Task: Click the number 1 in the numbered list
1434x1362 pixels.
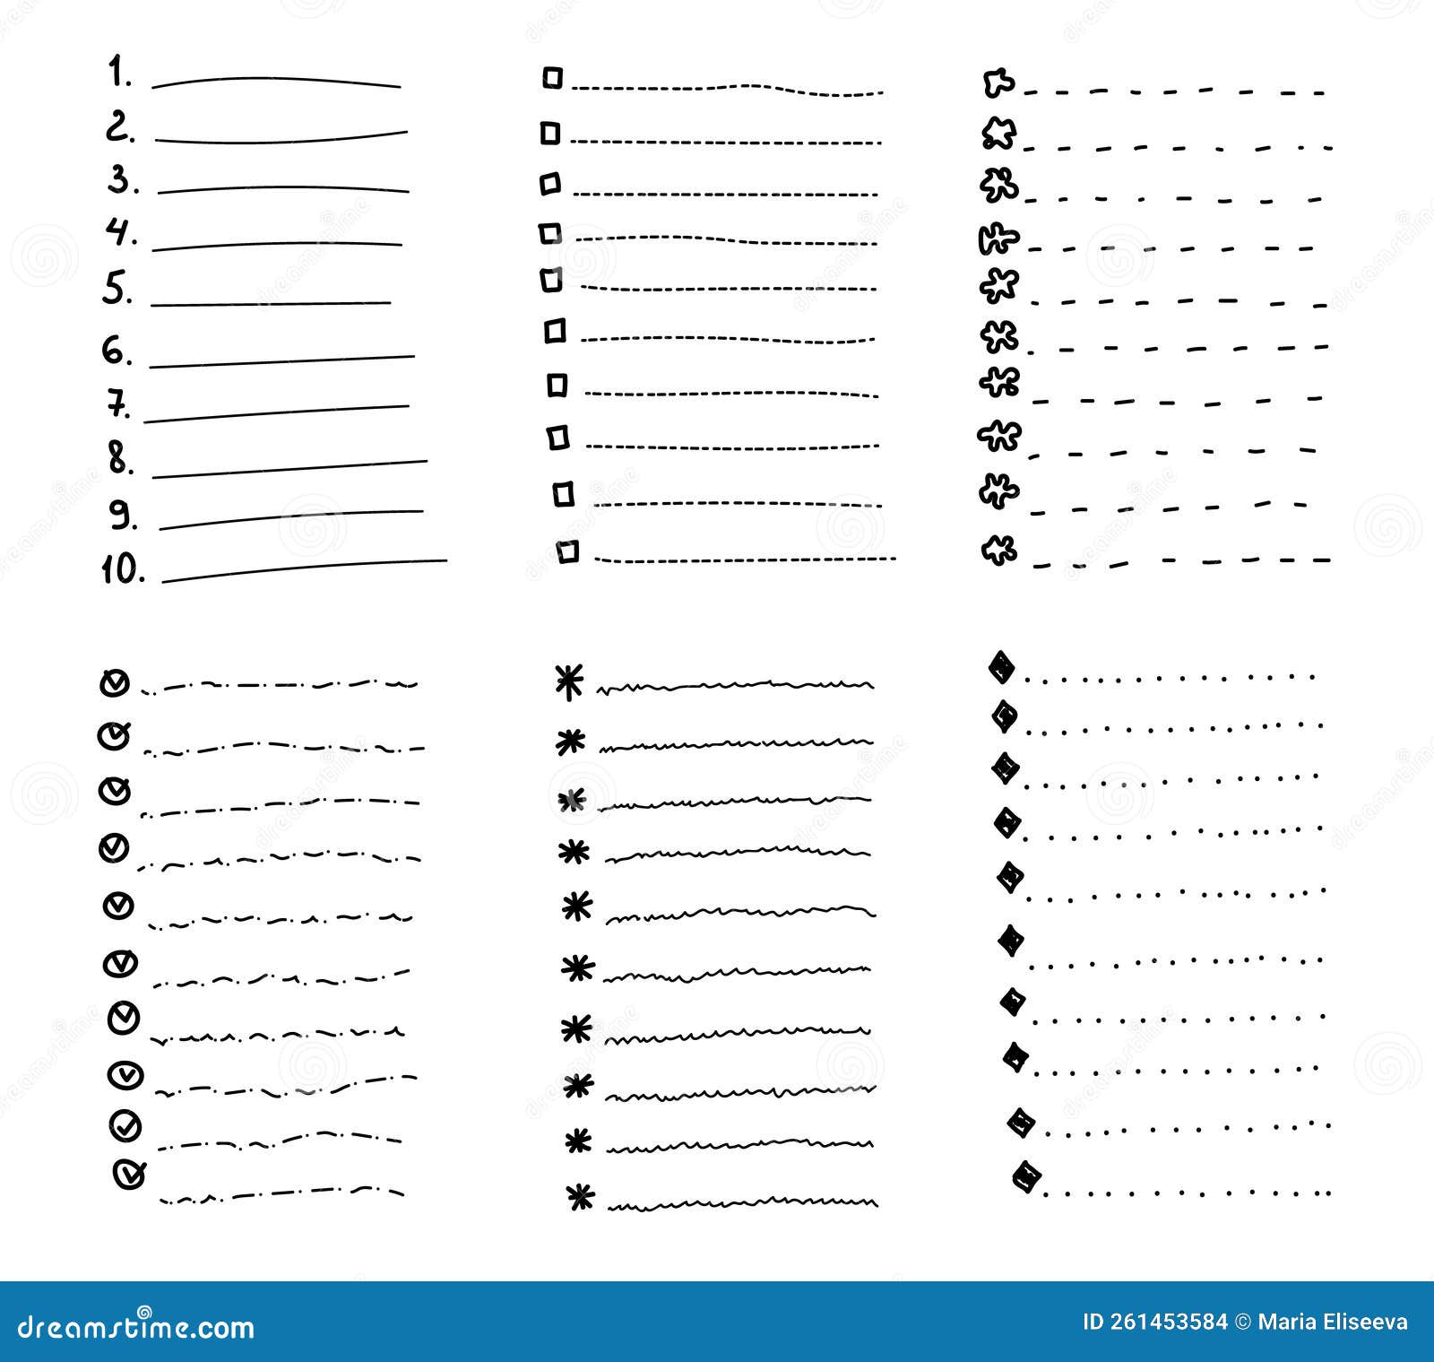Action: pos(117,72)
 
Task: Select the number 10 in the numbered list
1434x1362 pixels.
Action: pos(122,568)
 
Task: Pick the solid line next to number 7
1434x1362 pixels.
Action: pos(276,413)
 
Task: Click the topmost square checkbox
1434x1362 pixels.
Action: pos(552,78)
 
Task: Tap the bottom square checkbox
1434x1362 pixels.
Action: pos(567,551)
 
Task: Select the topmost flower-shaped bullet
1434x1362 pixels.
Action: pos(998,84)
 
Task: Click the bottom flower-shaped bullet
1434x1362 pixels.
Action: pos(998,550)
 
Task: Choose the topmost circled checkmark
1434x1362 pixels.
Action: pos(114,683)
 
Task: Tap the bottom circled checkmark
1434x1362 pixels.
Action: pos(129,1173)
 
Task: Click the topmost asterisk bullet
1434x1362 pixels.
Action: pos(569,681)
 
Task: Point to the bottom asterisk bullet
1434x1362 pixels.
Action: pos(580,1196)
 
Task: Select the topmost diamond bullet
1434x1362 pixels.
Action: pos(1001,667)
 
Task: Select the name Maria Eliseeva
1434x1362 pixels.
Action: pos(1333,1323)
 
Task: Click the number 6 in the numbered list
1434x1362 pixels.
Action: pos(117,350)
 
